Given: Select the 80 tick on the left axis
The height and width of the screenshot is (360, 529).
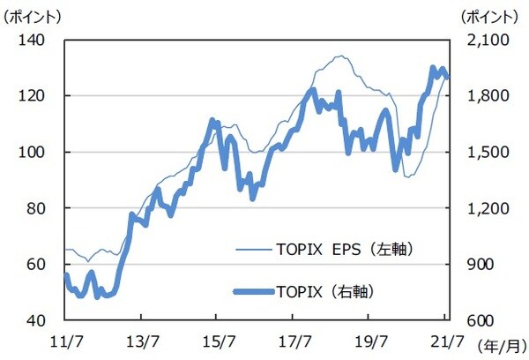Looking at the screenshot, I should click(x=45, y=208).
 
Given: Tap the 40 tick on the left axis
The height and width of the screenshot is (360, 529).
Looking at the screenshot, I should click(x=45, y=320).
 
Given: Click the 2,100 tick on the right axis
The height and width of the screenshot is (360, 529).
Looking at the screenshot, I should click(x=478, y=40).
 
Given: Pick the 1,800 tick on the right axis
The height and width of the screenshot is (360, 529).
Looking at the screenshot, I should click(x=478, y=95).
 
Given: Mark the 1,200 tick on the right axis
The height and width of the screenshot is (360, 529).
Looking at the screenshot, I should click(x=478, y=208).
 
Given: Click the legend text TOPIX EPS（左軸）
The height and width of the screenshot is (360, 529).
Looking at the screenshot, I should click(x=339, y=250).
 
